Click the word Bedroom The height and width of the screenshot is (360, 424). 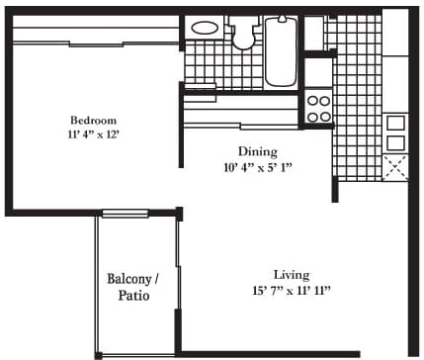coord(94,120)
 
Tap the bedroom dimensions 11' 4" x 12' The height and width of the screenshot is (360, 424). coord(93,135)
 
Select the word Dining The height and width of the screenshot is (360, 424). coord(258,152)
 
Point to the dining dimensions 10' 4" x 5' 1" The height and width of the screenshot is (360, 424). coord(258,168)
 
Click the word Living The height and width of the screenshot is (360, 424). coord(292,275)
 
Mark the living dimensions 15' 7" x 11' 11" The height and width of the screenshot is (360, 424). coord(292,291)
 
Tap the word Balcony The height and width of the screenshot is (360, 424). coord(129,279)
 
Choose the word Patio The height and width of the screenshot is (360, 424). coord(133,296)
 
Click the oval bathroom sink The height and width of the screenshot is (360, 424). coord(205,28)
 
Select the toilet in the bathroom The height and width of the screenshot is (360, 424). coord(244,33)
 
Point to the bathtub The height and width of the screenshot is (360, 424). coord(281,51)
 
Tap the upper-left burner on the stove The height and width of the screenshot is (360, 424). coord(312,101)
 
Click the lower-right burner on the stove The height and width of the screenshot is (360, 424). coord(325,117)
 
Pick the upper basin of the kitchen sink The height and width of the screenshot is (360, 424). coord(395,123)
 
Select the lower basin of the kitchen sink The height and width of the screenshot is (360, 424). coord(395,143)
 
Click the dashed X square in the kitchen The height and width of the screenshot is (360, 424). coord(395,168)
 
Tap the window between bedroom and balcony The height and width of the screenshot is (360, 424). coord(125,214)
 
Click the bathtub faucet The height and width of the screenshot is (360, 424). coord(282,19)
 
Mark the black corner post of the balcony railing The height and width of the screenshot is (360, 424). coord(98,356)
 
